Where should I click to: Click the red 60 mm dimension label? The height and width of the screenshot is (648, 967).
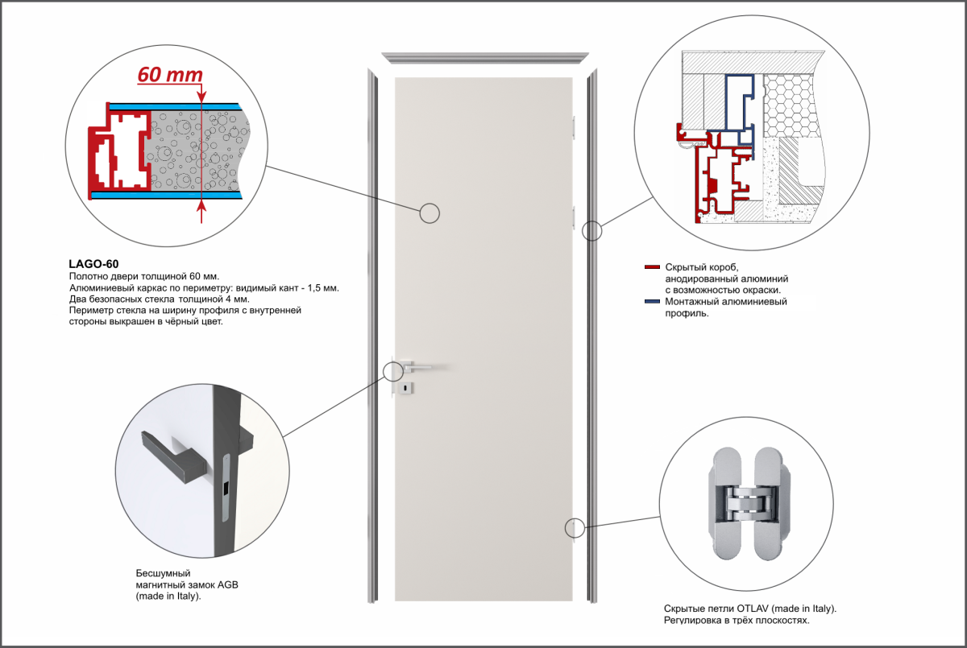click(x=170, y=75)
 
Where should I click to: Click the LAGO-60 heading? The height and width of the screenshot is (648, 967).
click(x=93, y=264)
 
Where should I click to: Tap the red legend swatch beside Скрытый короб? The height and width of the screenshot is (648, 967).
click(x=652, y=267)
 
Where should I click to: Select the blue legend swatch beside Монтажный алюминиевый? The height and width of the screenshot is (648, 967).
click(x=652, y=301)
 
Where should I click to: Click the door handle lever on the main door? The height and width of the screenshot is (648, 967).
click(x=417, y=366)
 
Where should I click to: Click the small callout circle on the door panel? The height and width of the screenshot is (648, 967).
click(x=430, y=213)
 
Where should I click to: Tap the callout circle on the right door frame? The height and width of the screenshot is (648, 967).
click(x=591, y=231)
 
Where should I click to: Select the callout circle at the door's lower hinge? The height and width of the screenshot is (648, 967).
click(x=575, y=528)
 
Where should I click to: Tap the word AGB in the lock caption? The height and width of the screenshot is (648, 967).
click(x=227, y=585)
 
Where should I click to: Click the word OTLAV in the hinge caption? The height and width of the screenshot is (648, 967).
click(x=753, y=609)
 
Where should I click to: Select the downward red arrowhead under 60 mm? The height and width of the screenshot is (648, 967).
click(x=201, y=98)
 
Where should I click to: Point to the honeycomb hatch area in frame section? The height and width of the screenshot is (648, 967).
click(x=791, y=105)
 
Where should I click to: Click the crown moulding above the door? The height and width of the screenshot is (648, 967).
click(x=485, y=58)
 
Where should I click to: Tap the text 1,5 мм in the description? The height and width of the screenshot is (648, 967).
click(x=323, y=287)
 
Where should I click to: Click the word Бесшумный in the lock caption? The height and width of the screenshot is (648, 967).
click(x=163, y=573)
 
